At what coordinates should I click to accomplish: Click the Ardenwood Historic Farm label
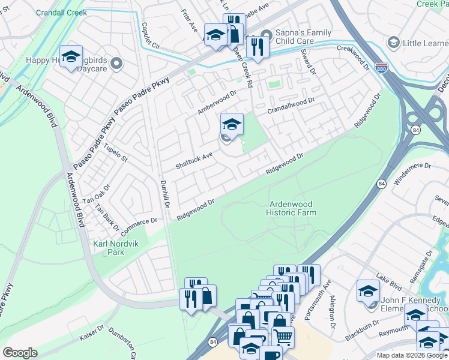tap(292, 208)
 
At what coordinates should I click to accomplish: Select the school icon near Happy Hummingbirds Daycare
tap(71, 56)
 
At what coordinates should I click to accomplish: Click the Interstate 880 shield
tap(381, 68)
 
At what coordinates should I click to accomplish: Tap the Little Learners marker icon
tap(394, 43)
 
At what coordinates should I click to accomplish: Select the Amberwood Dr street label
tap(218, 102)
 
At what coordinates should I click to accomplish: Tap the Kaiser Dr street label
tap(92, 334)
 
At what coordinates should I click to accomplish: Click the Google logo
tap(20, 353)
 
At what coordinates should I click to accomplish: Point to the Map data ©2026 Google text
tap(411, 355)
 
